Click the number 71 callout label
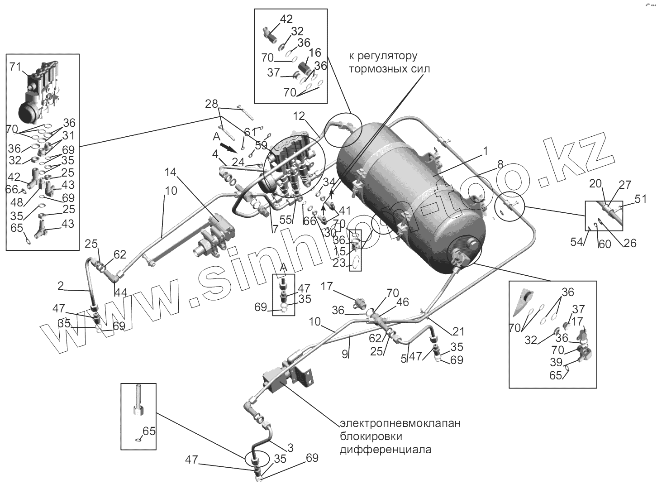15,67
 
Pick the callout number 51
641,199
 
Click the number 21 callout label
458,332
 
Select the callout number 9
345,355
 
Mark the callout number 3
290,448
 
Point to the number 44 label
120,293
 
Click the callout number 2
61,286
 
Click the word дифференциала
386,450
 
